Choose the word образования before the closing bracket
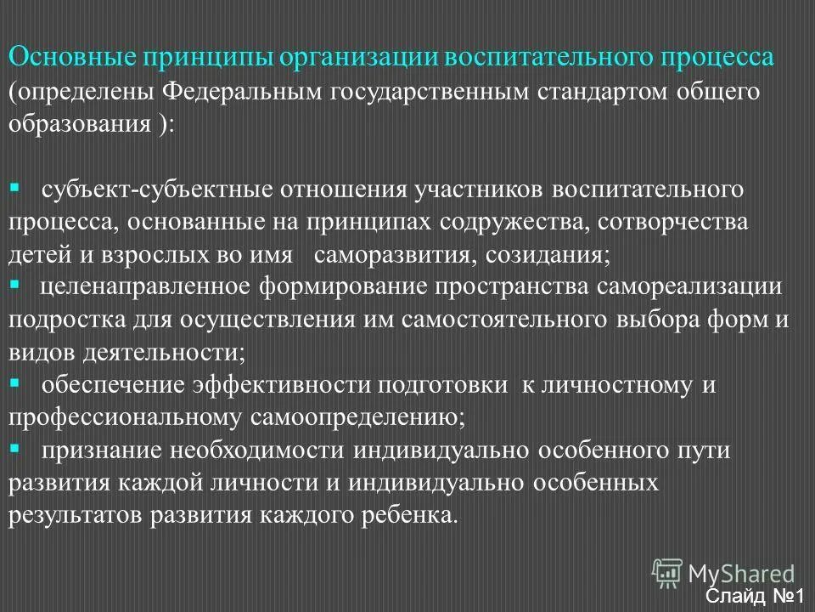point(81,123)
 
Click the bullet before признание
point(14,448)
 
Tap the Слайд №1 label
point(758,597)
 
